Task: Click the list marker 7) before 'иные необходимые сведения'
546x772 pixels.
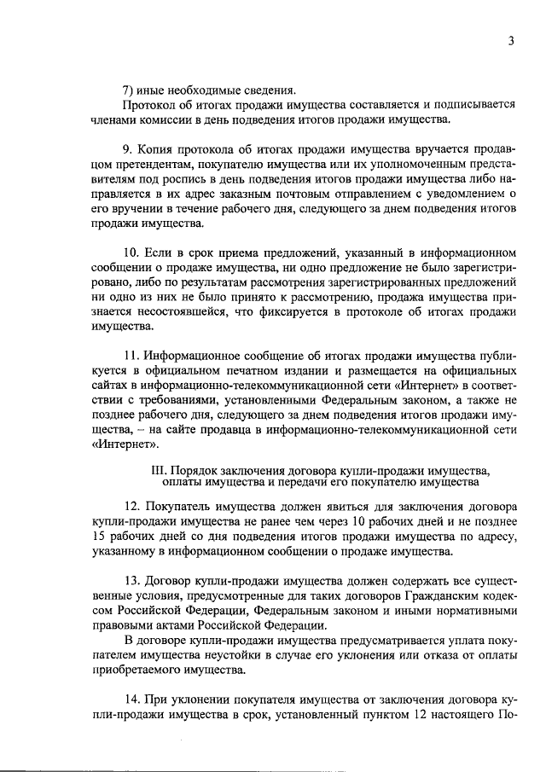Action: (131, 89)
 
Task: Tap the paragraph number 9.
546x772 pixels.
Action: (129, 146)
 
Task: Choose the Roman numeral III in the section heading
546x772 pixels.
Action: (158, 470)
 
